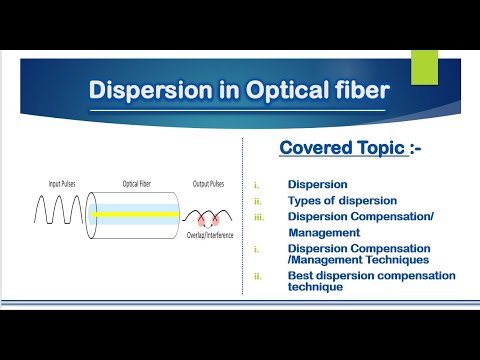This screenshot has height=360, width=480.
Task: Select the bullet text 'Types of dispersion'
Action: pyautogui.click(x=342, y=200)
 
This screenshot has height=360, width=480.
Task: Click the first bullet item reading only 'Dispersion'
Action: pyautogui.click(x=318, y=185)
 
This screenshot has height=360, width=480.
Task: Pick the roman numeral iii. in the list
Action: pyautogui.click(x=259, y=216)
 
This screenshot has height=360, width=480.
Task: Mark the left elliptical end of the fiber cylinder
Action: pyautogui.click(x=92, y=213)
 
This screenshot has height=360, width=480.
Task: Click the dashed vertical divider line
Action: pyautogui.click(x=243, y=220)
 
